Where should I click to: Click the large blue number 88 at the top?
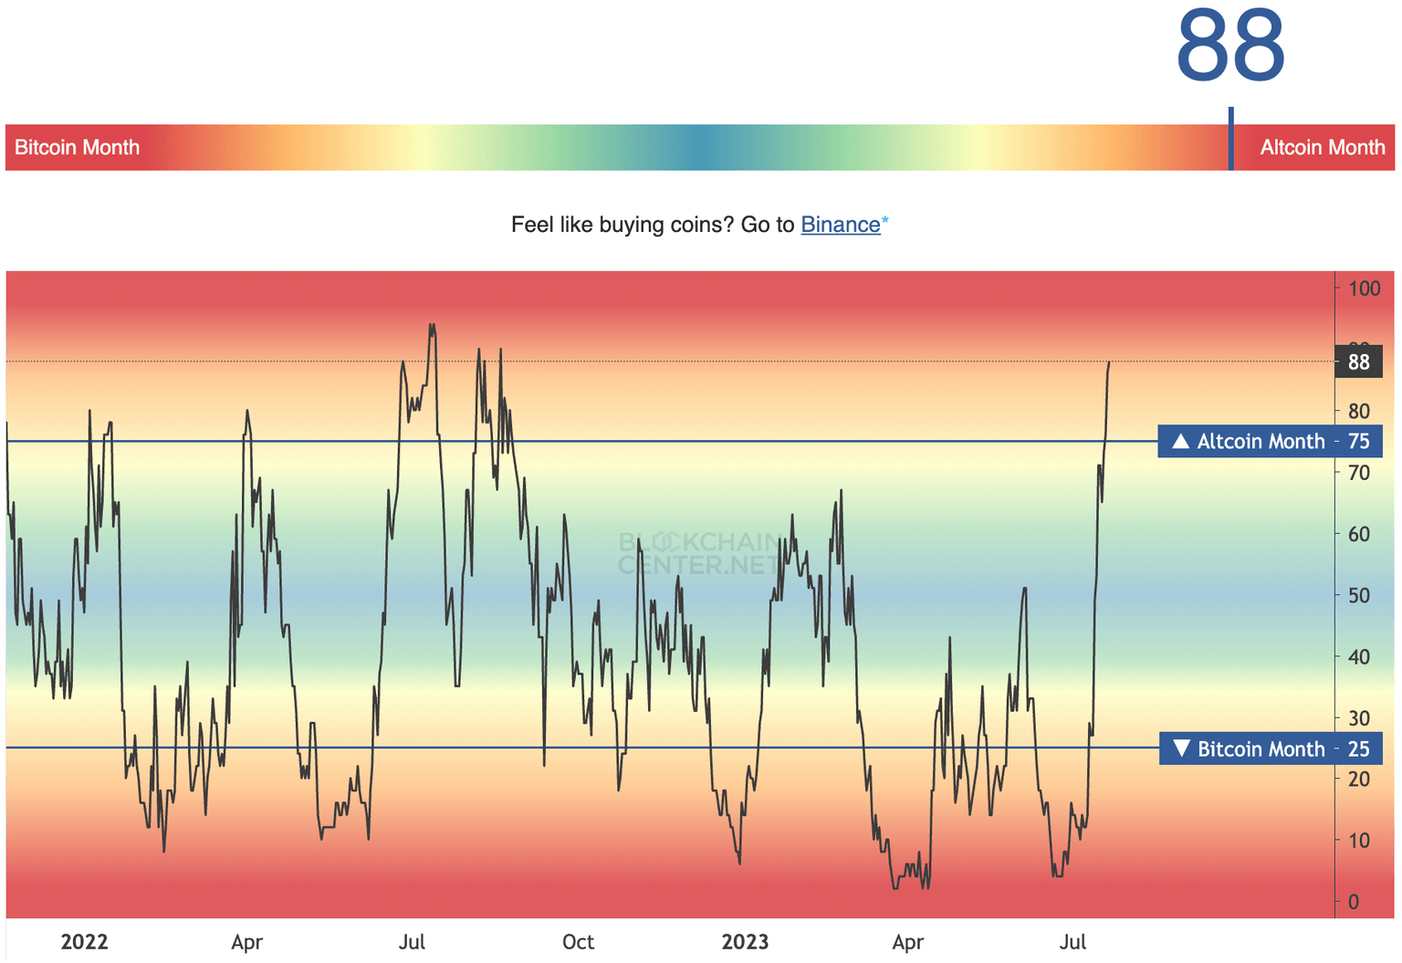pyautogui.click(x=1230, y=46)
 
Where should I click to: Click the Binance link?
pyautogui.click(x=840, y=225)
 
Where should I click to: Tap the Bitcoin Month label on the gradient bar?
pyautogui.click(x=78, y=148)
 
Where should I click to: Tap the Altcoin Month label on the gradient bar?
pyautogui.click(x=1322, y=148)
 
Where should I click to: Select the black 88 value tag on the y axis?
pyautogui.click(x=1358, y=362)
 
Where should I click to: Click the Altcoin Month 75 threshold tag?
pyautogui.click(x=1270, y=442)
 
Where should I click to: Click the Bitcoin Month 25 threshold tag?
pyautogui.click(x=1270, y=749)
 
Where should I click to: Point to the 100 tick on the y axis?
pyautogui.click(x=1364, y=288)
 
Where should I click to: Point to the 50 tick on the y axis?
pyautogui.click(x=1358, y=595)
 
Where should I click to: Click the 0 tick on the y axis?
pyautogui.click(x=1353, y=902)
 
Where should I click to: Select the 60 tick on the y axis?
pyautogui.click(x=1358, y=534)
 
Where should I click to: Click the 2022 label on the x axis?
pyautogui.click(x=84, y=942)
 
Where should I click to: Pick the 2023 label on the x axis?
pyautogui.click(x=745, y=942)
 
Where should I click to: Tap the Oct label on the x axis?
pyautogui.click(x=578, y=942)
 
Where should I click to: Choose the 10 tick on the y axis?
pyautogui.click(x=1358, y=841)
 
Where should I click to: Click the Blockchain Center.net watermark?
pyautogui.click(x=699, y=554)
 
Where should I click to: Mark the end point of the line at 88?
pyautogui.click(x=1109, y=362)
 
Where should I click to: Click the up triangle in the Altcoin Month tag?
pyautogui.click(x=1180, y=442)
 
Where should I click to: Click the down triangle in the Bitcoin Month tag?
pyautogui.click(x=1181, y=748)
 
